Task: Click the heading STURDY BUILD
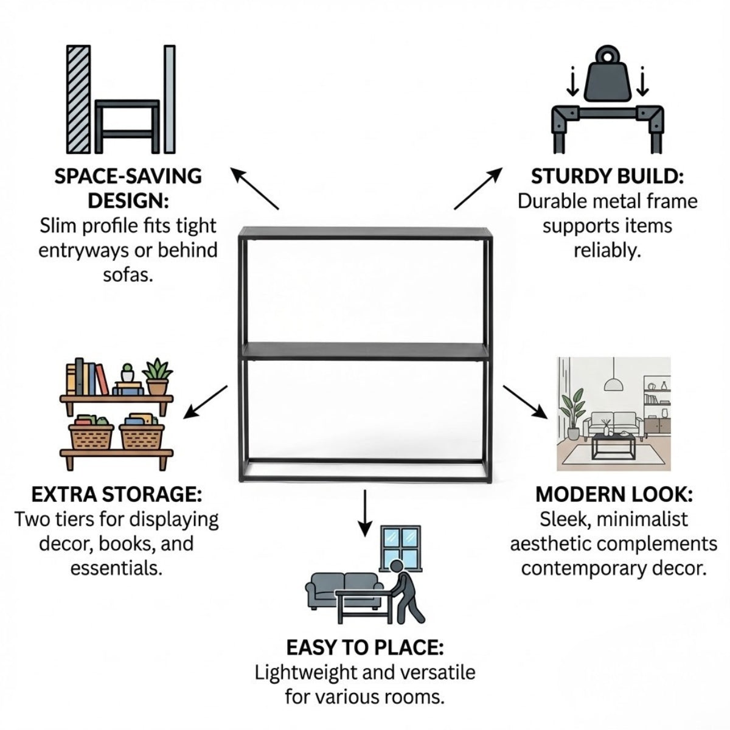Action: click(607, 176)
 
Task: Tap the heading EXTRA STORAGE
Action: click(117, 495)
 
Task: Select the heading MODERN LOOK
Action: click(614, 495)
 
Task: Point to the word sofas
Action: click(128, 276)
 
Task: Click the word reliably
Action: click(607, 251)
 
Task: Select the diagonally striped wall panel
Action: click(78, 100)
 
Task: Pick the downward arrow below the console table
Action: click(365, 513)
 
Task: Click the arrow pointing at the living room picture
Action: click(525, 402)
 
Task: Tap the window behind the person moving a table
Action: click(401, 547)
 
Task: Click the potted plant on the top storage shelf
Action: click(157, 377)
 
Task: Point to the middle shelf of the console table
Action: click(366, 352)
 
